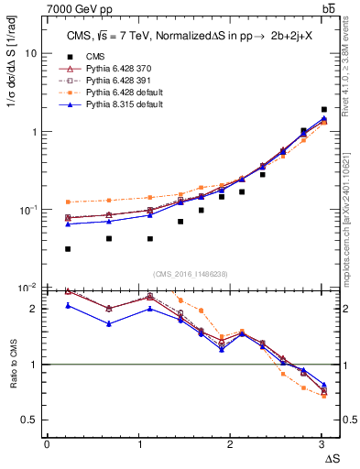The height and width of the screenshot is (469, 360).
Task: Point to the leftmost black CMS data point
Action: click(x=68, y=249)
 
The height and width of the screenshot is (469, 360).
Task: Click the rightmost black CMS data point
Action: click(x=323, y=109)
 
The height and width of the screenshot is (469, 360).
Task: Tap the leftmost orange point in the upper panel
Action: click(x=68, y=202)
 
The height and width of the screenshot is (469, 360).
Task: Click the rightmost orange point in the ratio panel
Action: click(x=323, y=396)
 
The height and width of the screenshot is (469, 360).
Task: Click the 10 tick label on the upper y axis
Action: click(x=30, y=53)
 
